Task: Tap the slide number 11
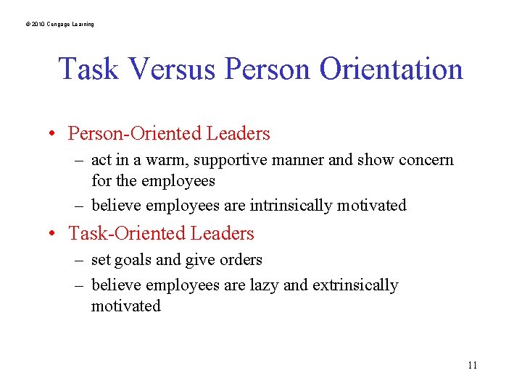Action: [472, 365]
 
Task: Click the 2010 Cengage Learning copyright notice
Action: [59, 25]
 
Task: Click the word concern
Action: [427, 160]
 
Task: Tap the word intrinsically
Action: [297, 206]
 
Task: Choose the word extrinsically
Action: [355, 285]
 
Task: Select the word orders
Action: [239, 260]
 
